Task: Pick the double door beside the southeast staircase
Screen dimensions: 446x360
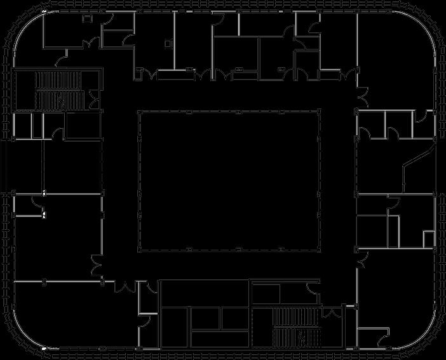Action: pos(330,314)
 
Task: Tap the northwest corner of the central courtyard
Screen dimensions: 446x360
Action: pos(139,112)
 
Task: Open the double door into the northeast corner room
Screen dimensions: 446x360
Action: pos(363,95)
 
